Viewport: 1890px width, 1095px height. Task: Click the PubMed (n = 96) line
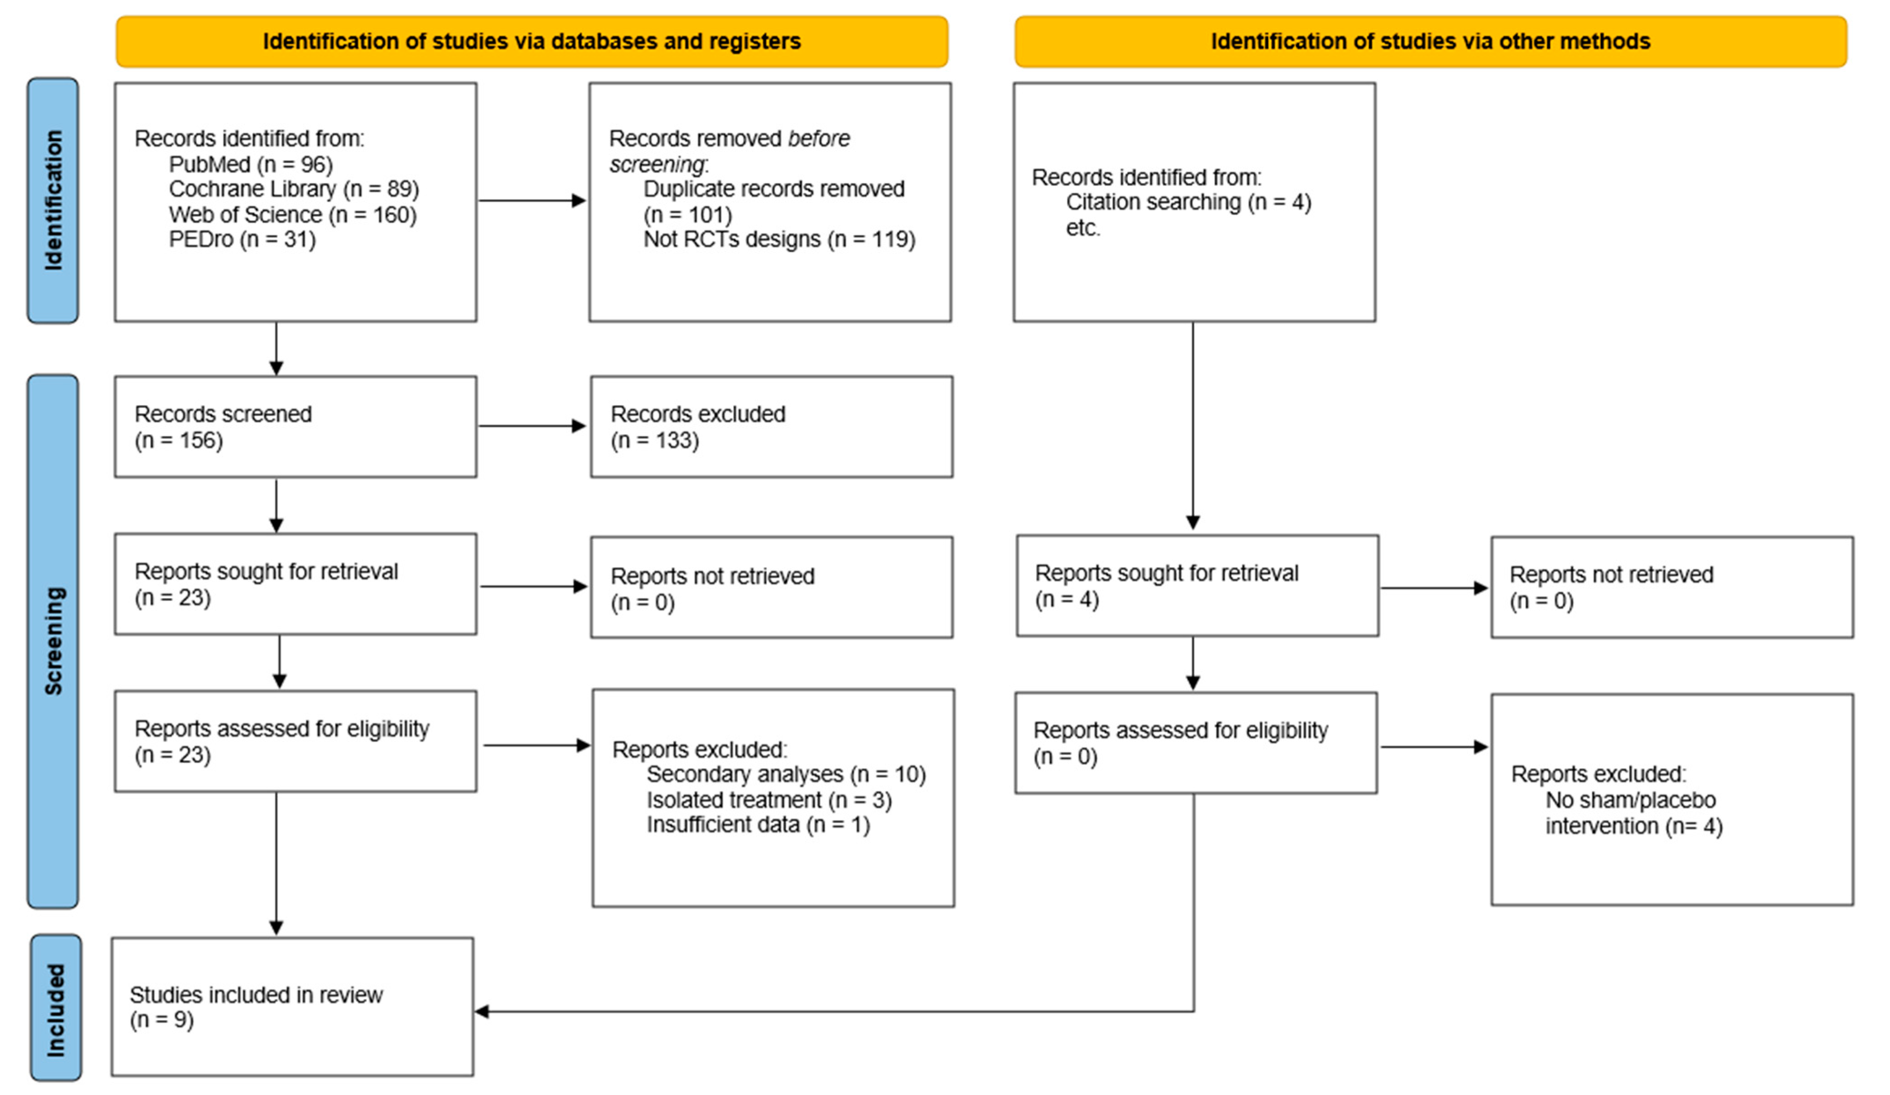[251, 164]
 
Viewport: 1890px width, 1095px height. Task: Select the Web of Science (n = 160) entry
[292, 215]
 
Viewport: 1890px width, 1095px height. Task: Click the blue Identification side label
[52, 200]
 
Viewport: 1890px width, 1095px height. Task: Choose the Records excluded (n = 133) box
[771, 426]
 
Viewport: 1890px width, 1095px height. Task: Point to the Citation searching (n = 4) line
[1188, 202]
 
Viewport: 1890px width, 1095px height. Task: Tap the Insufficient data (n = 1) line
[757, 825]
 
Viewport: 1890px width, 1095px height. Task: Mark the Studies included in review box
[292, 1006]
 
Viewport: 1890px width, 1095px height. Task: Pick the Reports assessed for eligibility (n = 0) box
[1195, 742]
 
